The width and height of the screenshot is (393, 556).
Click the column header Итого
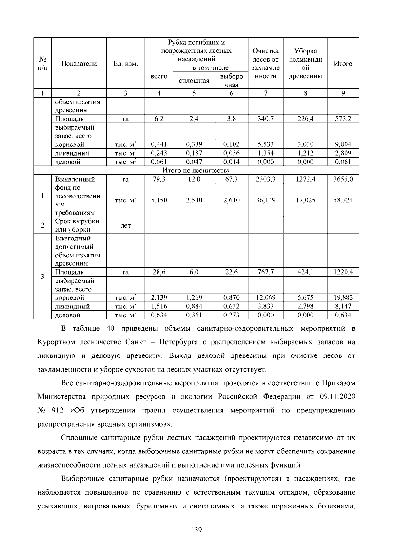pos(343,64)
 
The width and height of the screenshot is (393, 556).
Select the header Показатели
pos(79,64)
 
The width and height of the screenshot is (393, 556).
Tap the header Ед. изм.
pos(125,64)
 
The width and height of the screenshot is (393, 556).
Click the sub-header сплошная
pos(194,81)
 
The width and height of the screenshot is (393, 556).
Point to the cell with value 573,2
pos(343,119)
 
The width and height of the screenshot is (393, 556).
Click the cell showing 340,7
pos(266,119)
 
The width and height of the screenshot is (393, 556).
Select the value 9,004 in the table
pos(343,144)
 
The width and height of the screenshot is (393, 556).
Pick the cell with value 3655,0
pos(343,179)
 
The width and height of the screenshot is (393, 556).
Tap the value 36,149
pos(266,200)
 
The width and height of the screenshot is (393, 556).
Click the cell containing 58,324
pos(343,200)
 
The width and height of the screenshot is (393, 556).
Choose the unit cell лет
pos(125,226)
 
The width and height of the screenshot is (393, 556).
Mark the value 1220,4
pos(343,272)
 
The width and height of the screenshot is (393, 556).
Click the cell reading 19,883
pos(343,297)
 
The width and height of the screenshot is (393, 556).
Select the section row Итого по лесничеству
pos(196,171)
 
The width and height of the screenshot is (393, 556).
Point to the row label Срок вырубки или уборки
pos(77,225)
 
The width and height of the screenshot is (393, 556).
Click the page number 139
pos(196,530)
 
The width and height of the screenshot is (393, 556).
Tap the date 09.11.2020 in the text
pos(337,397)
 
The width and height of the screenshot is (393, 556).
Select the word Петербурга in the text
pos(178,342)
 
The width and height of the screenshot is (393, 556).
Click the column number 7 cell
pos(266,93)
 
